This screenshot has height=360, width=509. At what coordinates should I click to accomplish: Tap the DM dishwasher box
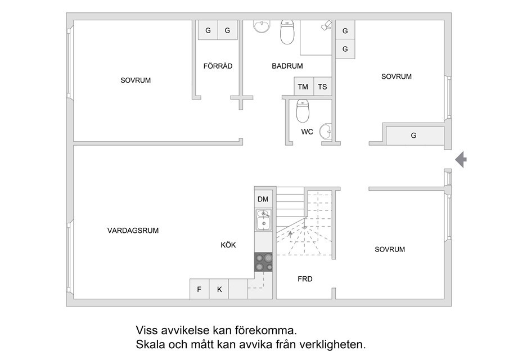[x=263, y=199]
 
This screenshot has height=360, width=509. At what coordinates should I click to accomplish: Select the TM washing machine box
[x=304, y=87]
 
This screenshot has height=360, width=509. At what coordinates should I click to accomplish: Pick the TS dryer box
[x=323, y=87]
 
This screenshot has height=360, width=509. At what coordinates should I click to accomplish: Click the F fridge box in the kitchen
[x=199, y=289]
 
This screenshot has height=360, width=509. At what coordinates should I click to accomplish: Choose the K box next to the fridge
[x=219, y=289]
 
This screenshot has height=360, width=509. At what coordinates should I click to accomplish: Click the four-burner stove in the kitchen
[x=263, y=262]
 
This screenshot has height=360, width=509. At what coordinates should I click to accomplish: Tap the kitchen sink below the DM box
[x=263, y=220]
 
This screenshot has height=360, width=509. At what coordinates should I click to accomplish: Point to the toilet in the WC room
[x=303, y=111]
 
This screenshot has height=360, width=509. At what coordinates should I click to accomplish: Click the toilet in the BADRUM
[x=287, y=32]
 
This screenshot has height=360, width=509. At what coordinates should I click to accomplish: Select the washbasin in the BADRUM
[x=262, y=26]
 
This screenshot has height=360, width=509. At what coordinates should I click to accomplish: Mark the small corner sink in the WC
[x=326, y=132]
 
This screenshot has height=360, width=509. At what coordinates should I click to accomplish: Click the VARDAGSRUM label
[x=133, y=231]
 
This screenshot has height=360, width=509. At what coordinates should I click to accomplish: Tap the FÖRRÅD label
[x=218, y=66]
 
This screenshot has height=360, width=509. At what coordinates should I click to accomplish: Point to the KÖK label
[x=228, y=245]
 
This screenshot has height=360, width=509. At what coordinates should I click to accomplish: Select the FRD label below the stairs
[x=305, y=279]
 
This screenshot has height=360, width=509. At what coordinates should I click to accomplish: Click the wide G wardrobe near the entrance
[x=415, y=136]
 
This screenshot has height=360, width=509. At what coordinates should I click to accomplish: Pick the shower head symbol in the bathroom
[x=326, y=25]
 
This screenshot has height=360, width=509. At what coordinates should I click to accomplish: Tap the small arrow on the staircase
[x=290, y=232]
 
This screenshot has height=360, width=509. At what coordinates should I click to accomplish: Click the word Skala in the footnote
[x=150, y=344]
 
